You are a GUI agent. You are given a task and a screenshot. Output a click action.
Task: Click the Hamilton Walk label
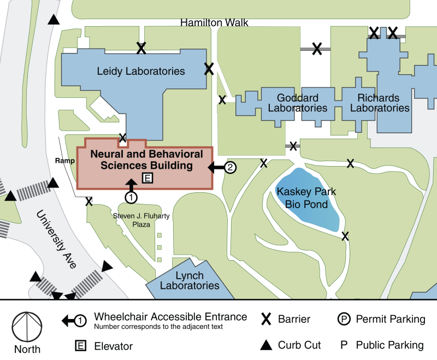click(x=214, y=22)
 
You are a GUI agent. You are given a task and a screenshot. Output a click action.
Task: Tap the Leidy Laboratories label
click(x=141, y=71)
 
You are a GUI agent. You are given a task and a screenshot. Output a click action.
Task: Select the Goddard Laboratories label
click(x=297, y=103)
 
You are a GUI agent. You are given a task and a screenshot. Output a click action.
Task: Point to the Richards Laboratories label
click(x=380, y=103)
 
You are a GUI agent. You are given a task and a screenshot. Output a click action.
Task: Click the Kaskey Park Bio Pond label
click(x=306, y=198)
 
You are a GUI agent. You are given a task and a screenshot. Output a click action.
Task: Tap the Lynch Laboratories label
click(x=190, y=280)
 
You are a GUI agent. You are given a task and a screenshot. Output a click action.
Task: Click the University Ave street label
click(x=56, y=239)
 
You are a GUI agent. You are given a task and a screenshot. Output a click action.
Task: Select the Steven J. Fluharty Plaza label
click(x=141, y=220)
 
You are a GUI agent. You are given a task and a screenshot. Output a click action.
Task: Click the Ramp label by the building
click(x=65, y=161)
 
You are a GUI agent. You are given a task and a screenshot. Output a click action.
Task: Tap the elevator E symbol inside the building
click(x=147, y=178)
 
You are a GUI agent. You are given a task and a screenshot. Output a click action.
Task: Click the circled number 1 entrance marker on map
click(x=131, y=198)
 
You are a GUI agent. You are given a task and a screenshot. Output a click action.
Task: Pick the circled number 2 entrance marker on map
click(x=230, y=168)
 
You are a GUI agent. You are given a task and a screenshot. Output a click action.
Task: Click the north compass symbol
click(x=27, y=327)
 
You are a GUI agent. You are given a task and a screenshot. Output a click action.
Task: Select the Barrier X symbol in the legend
click(x=266, y=319)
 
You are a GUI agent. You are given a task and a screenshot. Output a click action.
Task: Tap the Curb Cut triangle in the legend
click(x=266, y=345)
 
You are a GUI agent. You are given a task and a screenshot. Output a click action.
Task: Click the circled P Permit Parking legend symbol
click(x=344, y=319)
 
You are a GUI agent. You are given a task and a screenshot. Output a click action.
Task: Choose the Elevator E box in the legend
click(x=80, y=346)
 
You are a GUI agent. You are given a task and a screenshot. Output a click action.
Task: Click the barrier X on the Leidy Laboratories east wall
click(x=209, y=69)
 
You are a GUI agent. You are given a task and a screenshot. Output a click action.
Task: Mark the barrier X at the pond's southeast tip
click(x=345, y=237)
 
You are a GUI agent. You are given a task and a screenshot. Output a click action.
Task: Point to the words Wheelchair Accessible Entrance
click(x=170, y=317)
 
